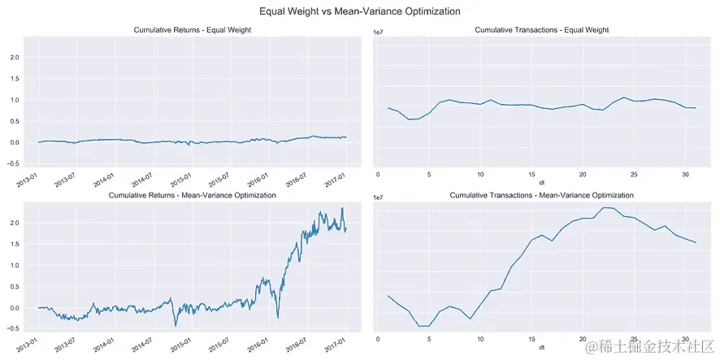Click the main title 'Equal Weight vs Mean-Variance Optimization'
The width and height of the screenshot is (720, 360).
click(x=359, y=11)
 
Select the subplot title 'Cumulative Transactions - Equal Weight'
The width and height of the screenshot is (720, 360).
click(x=540, y=30)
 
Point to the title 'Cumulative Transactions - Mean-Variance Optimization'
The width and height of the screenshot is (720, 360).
click(x=540, y=196)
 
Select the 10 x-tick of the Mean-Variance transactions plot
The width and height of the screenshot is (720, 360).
click(x=480, y=339)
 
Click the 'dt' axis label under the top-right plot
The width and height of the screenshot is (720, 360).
click(x=540, y=181)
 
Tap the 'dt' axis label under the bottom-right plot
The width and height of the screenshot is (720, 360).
click(x=540, y=347)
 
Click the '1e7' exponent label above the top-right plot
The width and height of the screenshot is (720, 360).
click(x=379, y=32)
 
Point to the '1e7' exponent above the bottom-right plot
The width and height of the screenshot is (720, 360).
click(x=379, y=197)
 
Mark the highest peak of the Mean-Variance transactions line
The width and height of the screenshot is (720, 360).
click(x=607, y=207)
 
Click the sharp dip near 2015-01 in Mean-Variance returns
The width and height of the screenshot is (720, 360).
click(x=176, y=325)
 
